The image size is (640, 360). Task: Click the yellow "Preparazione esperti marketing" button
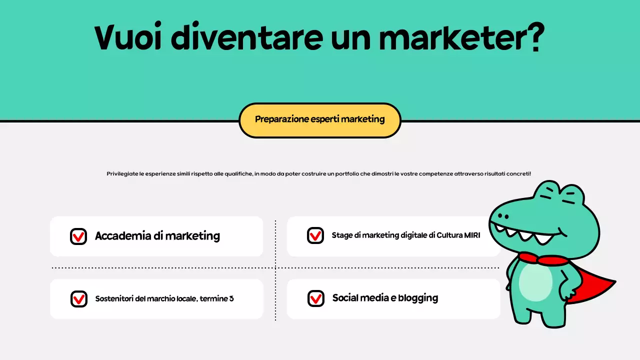tap(320, 120)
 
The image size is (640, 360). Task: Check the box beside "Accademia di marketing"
tap(78, 236)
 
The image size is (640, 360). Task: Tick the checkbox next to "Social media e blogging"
tap(315, 298)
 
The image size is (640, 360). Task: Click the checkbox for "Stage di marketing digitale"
tap(315, 235)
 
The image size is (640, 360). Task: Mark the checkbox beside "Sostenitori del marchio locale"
tap(79, 299)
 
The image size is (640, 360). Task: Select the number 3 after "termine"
tap(231, 299)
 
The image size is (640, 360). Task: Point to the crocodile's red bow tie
tap(542, 259)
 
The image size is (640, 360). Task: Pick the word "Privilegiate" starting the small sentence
tap(122, 174)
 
